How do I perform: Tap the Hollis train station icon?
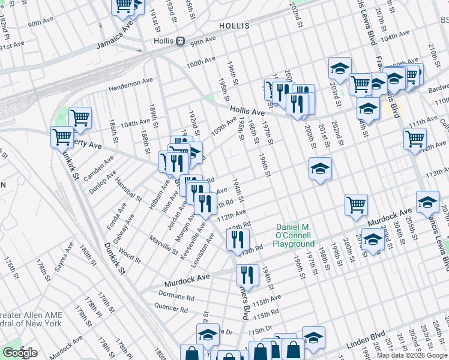(179, 41)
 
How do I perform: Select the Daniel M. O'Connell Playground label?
(294, 236)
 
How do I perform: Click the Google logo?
(20, 353)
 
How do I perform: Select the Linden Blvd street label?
(366, 347)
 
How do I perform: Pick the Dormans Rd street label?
(176, 296)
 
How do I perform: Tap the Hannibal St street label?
(127, 190)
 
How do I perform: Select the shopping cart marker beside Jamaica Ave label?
(123, 7)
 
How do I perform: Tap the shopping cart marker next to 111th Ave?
(415, 139)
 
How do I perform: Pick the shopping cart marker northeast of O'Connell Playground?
(356, 205)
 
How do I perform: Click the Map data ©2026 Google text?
(412, 355)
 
